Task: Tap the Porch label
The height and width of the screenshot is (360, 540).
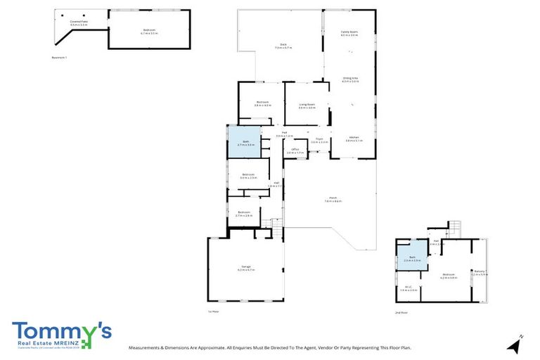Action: pos(333,199)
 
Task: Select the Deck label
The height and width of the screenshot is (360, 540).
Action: pos(283,46)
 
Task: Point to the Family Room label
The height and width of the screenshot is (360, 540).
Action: pos(349,33)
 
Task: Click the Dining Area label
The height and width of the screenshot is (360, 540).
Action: pos(350,79)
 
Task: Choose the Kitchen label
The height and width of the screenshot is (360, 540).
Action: pos(354,139)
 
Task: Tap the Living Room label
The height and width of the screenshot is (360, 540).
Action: pos(307,105)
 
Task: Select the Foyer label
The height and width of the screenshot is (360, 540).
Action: pos(319,140)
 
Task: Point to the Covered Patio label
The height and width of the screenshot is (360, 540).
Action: pos(78,22)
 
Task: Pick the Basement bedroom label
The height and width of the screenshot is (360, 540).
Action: pos(149,31)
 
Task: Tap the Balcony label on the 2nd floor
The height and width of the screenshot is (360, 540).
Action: pos(479,273)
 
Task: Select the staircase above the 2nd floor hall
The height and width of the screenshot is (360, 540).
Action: pos(454,228)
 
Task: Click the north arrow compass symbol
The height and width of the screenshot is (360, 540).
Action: pos(515,344)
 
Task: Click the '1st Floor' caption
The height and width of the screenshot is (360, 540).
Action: pos(214,311)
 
